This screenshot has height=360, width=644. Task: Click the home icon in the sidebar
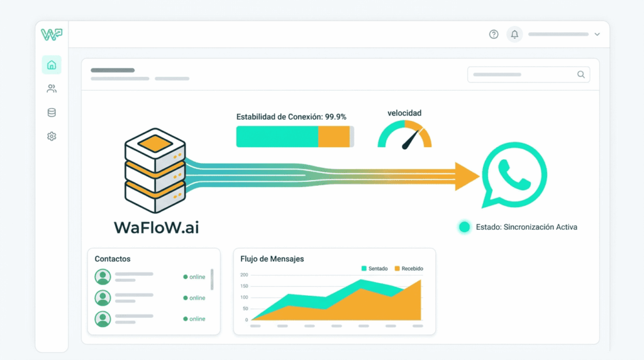[52, 65]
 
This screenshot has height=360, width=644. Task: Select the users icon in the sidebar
[52, 89]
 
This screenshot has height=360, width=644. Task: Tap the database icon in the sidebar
[52, 113]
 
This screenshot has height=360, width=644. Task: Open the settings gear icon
[52, 136]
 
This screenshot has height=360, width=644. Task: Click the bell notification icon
[514, 35]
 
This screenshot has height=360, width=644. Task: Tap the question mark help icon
[494, 35]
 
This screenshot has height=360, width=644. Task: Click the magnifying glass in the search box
[581, 74]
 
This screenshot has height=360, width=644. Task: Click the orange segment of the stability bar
[333, 137]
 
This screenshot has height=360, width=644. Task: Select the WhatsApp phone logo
[514, 174]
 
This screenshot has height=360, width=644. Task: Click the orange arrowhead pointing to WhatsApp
[467, 176]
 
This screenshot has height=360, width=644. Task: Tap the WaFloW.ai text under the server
[156, 227]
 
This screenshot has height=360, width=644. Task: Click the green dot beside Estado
[464, 227]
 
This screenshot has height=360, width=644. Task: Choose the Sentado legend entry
[374, 269]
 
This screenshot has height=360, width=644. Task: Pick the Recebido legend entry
[408, 269]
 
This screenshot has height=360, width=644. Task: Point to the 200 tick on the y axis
[244, 275]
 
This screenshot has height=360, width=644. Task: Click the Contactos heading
[113, 259]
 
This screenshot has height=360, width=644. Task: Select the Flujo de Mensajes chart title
[272, 259]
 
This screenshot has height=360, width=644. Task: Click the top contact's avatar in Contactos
[103, 277]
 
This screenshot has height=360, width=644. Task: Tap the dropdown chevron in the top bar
[597, 35]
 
